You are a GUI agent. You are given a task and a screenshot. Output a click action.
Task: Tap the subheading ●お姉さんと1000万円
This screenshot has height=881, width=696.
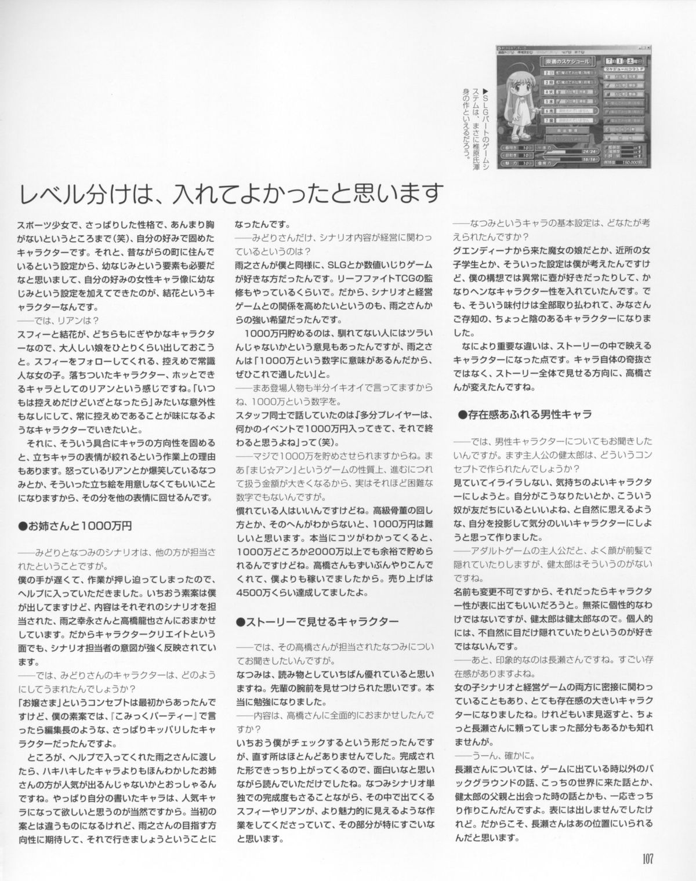coord(75,526)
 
